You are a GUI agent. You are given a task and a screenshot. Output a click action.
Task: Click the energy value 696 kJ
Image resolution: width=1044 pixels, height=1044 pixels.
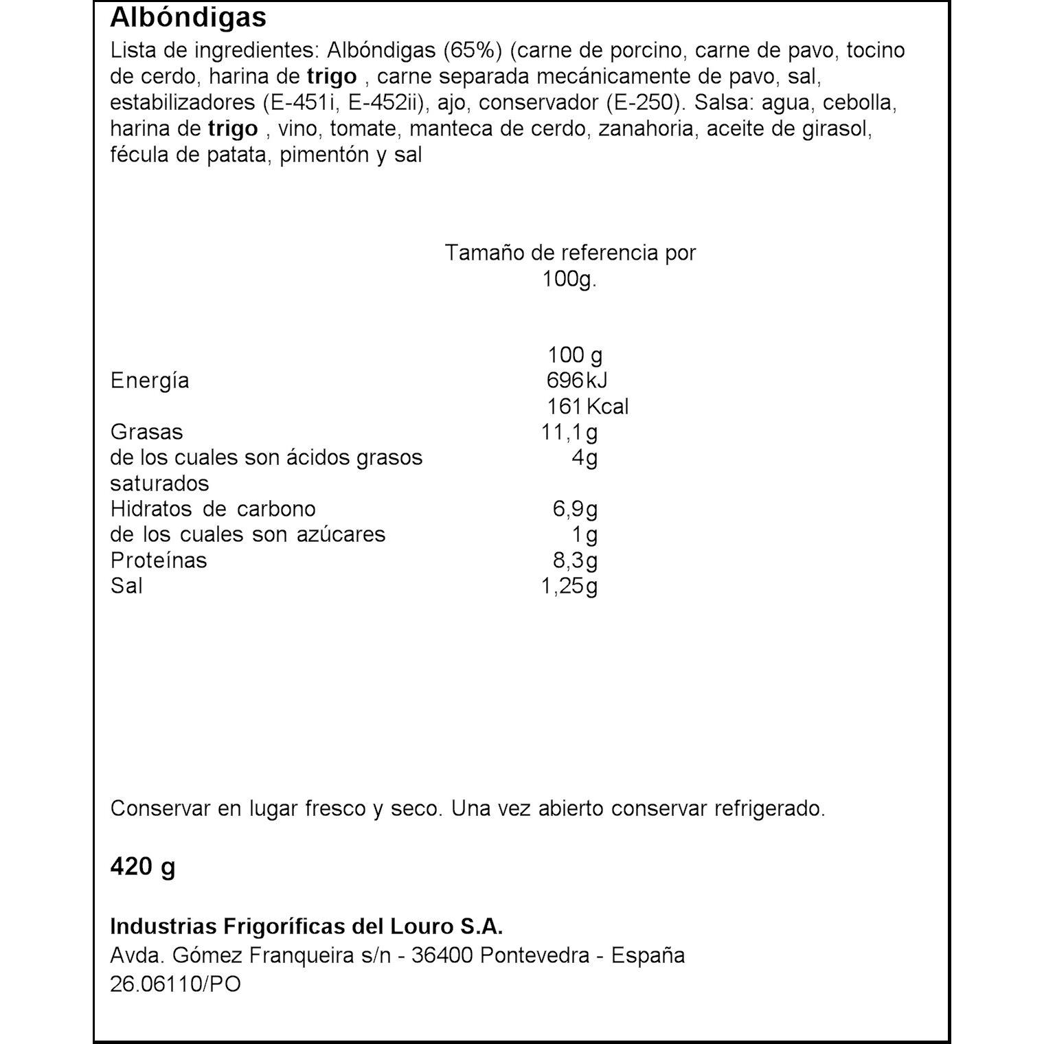[577, 381]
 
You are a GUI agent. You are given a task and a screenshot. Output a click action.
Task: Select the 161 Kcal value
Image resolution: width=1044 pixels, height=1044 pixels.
[587, 407]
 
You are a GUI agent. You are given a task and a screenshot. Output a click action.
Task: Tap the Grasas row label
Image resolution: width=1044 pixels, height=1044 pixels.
[146, 432]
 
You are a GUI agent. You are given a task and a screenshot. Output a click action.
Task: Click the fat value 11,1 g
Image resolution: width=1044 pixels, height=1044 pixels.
[569, 432]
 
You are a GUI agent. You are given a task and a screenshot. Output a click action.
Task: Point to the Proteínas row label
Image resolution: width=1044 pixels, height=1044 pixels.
[159, 560]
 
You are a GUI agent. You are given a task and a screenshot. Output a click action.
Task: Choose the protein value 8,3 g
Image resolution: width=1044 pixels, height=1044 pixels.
[575, 560]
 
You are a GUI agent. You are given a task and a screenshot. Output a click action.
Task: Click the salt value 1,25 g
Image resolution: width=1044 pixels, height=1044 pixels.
[569, 587]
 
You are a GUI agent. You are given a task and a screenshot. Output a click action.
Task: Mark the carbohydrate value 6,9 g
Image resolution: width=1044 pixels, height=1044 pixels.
[575, 510]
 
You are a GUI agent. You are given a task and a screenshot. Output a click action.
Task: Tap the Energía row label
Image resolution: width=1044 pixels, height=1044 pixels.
[149, 381]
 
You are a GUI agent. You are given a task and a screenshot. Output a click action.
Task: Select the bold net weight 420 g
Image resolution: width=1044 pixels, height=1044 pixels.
[143, 867]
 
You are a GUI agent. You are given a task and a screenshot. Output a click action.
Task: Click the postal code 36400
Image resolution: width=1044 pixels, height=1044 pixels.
[442, 955]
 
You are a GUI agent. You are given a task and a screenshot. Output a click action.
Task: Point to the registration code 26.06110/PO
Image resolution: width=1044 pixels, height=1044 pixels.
[175, 984]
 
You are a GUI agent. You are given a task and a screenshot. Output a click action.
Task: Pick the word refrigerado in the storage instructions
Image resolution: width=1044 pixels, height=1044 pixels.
[769, 808]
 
